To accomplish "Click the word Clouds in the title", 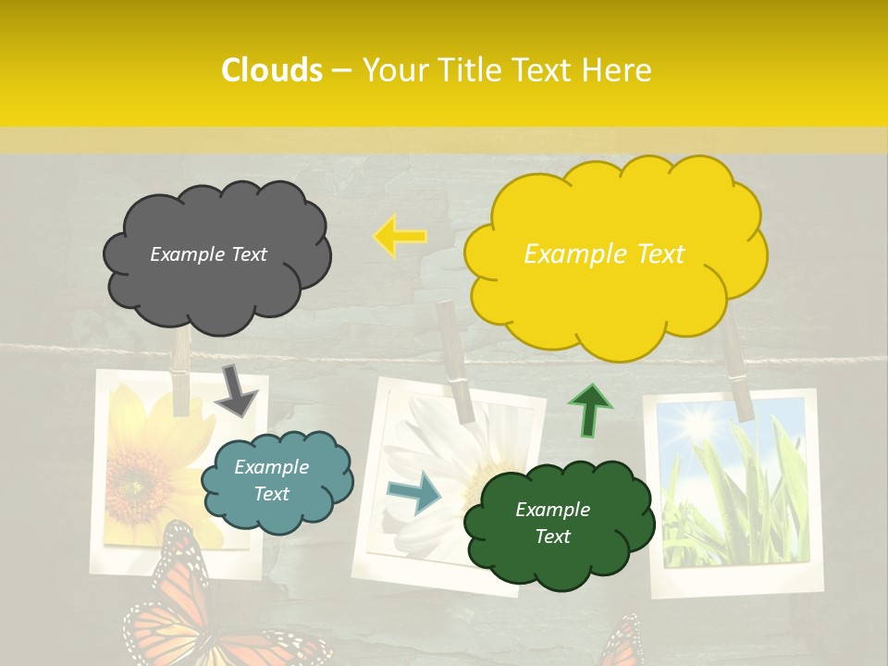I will click(x=272, y=70).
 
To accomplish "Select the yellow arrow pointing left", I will click(x=399, y=236).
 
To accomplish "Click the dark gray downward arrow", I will click(x=236, y=391).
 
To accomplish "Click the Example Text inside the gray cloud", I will click(x=208, y=254).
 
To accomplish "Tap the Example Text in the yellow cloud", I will click(x=604, y=254).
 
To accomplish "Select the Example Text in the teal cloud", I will click(x=271, y=481).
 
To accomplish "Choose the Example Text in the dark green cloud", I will click(x=552, y=523).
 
